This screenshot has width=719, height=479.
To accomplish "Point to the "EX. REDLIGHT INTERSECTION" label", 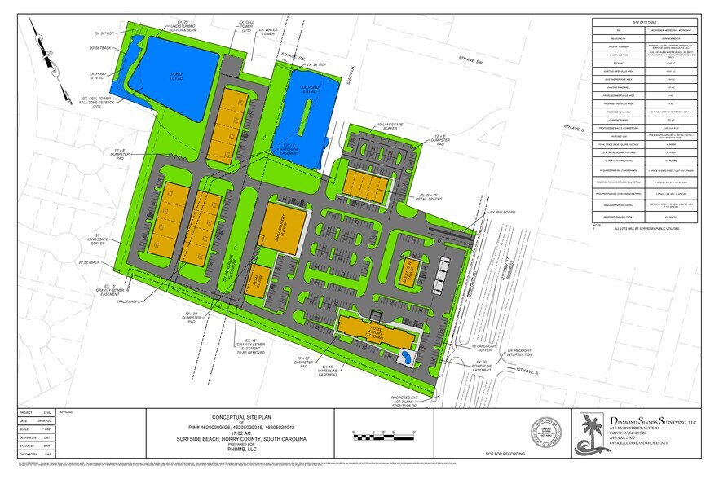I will point(521,353).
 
